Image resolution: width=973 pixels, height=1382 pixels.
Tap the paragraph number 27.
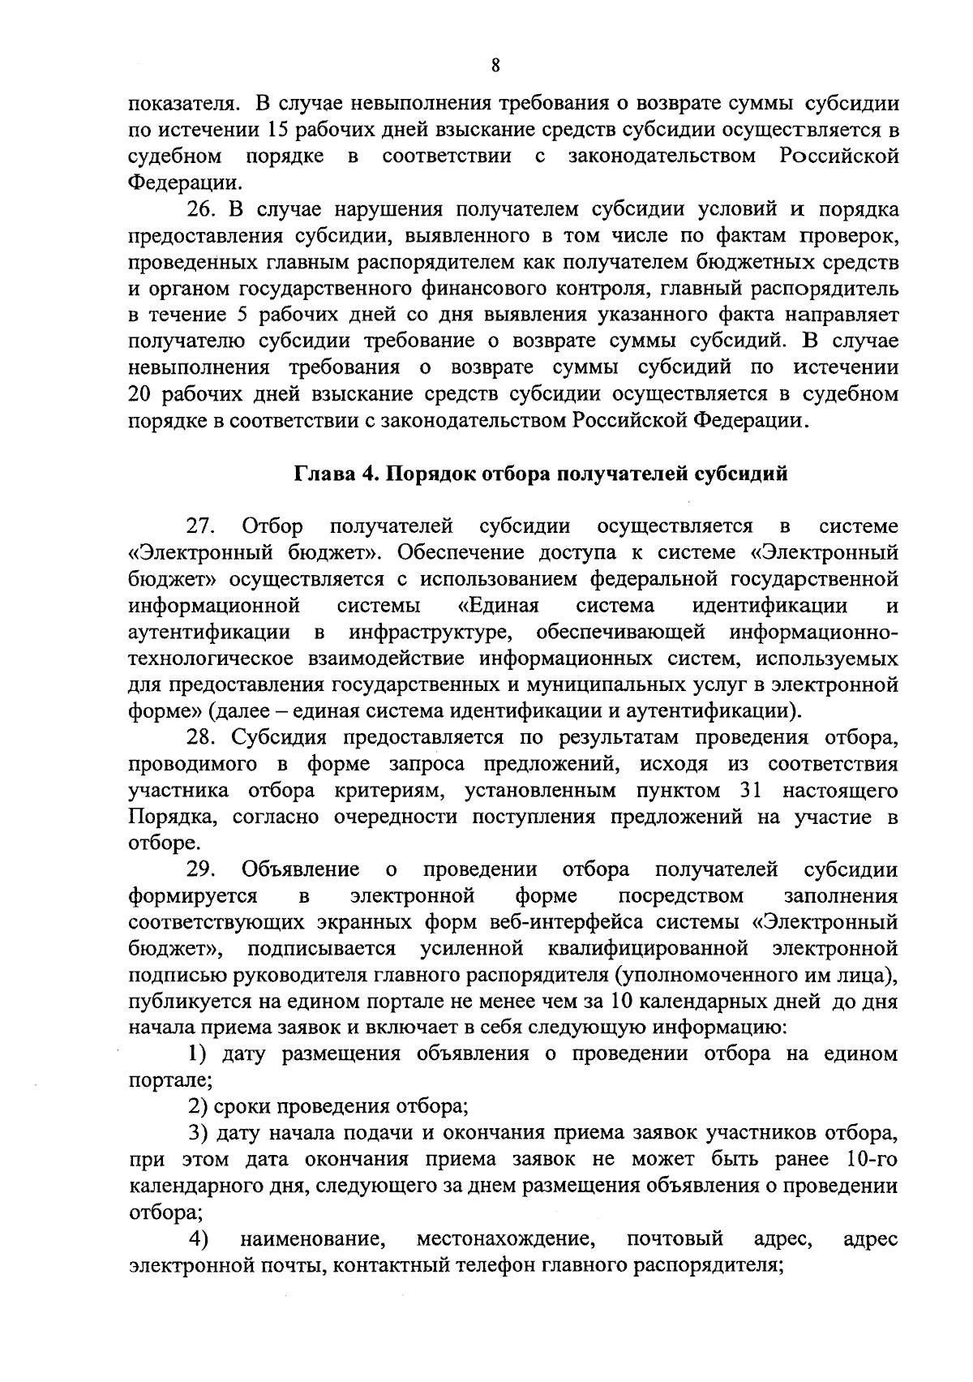coord(202,526)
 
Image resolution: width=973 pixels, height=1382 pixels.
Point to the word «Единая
coord(499,605)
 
